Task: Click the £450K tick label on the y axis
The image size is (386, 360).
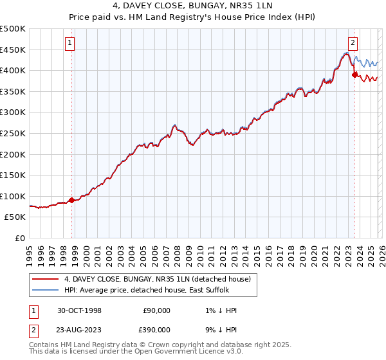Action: tap(13, 50)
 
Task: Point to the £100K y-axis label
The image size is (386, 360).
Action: tap(13, 196)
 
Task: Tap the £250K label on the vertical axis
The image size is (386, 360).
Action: tap(13, 133)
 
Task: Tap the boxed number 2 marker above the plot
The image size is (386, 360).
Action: tap(353, 43)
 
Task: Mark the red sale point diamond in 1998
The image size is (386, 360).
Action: tap(72, 200)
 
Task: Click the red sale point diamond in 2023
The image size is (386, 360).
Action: tap(354, 75)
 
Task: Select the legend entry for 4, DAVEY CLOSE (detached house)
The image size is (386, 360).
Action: tap(161, 278)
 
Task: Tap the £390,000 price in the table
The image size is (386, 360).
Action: tap(156, 329)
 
